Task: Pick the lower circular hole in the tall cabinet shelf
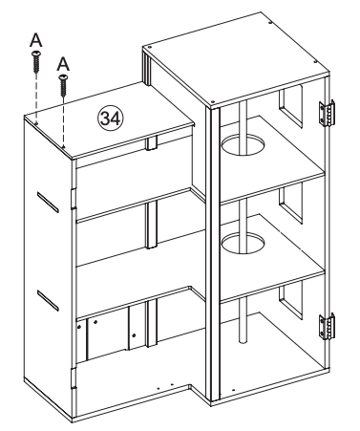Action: tap(243, 244)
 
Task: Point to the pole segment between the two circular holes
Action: tap(243, 196)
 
